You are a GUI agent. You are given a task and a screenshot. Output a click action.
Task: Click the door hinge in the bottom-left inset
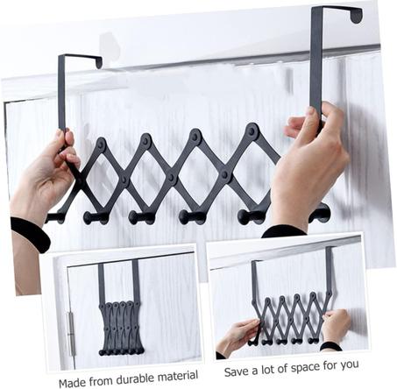(x=71, y=334)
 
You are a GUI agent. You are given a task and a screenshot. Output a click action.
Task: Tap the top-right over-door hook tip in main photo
(x=357, y=17)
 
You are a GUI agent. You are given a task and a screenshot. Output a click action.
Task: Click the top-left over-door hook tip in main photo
(x=99, y=63)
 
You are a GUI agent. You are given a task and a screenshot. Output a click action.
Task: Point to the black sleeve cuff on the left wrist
(x=29, y=233)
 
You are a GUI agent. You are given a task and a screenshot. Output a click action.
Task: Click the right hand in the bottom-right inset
(x=337, y=326)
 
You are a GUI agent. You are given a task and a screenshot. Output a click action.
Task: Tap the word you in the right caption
(x=348, y=365)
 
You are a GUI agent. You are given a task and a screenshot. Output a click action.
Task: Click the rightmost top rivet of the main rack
(x=252, y=130)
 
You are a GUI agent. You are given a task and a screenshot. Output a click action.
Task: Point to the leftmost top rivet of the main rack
(x=101, y=144)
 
